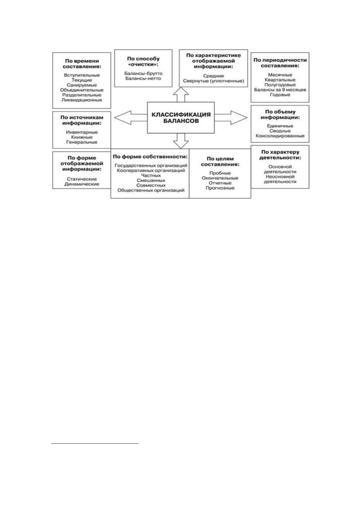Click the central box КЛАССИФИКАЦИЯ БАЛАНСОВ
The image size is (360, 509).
(x=181, y=118)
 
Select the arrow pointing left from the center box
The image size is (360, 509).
(x=131, y=118)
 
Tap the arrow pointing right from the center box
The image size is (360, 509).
(x=231, y=118)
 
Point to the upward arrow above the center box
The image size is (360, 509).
(x=181, y=95)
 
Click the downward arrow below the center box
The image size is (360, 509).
(x=181, y=141)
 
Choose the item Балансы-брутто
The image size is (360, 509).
(x=143, y=73)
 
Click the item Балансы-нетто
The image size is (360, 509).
(x=143, y=78)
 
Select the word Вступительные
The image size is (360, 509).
(x=82, y=75)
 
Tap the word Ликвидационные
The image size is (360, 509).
(x=82, y=100)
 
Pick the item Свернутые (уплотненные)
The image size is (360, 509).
(x=213, y=81)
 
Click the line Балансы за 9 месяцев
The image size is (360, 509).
(x=280, y=89)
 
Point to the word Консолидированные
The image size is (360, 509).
(x=280, y=136)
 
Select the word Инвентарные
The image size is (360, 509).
(x=82, y=132)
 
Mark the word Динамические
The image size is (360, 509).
(x=82, y=184)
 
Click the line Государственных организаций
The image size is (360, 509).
(x=151, y=165)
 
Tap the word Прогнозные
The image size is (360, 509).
(x=220, y=188)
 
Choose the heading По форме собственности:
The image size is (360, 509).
(x=150, y=157)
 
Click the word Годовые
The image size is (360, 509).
(x=280, y=95)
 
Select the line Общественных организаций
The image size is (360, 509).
(x=151, y=190)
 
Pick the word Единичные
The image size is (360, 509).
(x=280, y=126)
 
